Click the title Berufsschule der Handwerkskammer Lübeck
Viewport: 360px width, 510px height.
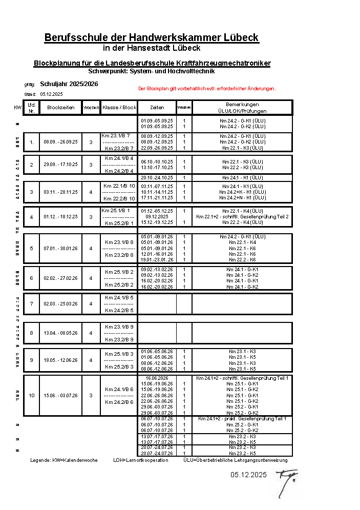coord(151,37)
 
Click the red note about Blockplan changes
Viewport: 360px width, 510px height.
coord(207,88)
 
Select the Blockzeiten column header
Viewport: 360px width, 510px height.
coord(61,108)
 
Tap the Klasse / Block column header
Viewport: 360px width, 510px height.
coord(120,108)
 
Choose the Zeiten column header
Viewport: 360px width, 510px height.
coord(157,108)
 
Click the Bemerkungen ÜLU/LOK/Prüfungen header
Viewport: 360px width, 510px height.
coord(242,108)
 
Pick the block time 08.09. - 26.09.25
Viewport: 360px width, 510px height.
coord(61,142)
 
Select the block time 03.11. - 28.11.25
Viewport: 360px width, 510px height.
coord(61,192)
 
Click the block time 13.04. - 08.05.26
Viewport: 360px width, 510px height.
coord(61,333)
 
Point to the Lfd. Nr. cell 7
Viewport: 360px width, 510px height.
coord(31,303)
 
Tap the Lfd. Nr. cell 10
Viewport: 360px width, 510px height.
coord(31,395)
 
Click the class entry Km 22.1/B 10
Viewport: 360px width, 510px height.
coord(119,186)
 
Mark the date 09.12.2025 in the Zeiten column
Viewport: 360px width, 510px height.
coord(157,216)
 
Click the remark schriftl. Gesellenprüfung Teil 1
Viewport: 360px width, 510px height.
coord(242,378)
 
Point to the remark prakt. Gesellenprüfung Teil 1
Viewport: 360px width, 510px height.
coord(242,419)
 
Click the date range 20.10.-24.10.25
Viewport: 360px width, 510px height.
coord(157,177)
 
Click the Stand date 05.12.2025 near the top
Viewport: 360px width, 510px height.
coord(51,94)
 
